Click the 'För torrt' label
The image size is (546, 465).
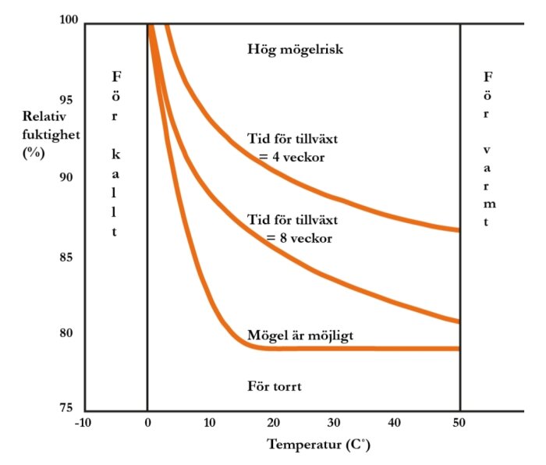tap(275, 385)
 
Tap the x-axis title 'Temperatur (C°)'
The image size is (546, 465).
tap(318, 445)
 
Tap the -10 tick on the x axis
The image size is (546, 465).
tap(83, 422)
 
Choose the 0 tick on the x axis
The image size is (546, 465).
tap(147, 422)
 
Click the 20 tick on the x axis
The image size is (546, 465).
tap(272, 422)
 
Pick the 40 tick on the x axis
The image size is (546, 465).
tap(397, 422)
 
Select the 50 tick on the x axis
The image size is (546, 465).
tap(460, 422)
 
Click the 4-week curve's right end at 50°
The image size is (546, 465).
tap(459, 230)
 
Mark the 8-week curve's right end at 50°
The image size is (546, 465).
tap(459, 321)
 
